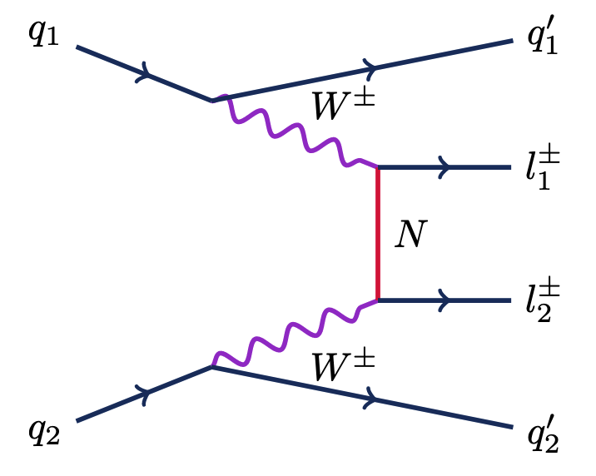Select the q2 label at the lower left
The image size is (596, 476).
pyautogui.click(x=43, y=431)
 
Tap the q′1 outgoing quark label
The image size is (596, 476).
pyautogui.click(x=542, y=41)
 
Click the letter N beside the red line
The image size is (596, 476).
pyautogui.click(x=410, y=237)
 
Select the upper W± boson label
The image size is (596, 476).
pyautogui.click(x=341, y=106)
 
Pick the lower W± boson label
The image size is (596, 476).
pyautogui.click(x=341, y=366)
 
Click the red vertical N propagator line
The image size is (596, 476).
pyautogui.click(x=379, y=233)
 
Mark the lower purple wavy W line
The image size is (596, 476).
pyautogui.click(x=296, y=333)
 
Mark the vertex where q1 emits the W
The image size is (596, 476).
pyautogui.click(x=213, y=101)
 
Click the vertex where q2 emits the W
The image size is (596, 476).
pyautogui.click(x=213, y=367)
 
